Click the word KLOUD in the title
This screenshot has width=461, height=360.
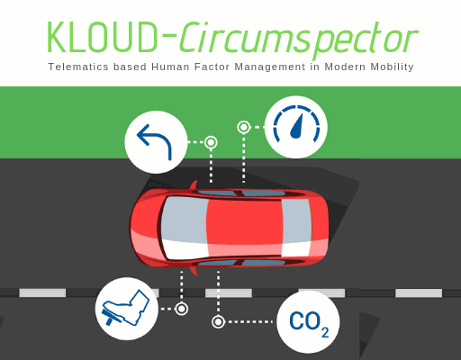point(103,37)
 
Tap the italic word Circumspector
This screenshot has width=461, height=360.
point(299,40)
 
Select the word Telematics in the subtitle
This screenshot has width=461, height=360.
point(78,67)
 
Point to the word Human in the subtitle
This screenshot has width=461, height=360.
point(170,67)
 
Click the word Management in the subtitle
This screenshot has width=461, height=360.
point(270,67)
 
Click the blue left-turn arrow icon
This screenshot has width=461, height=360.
point(155,141)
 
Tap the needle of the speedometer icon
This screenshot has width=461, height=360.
point(297,127)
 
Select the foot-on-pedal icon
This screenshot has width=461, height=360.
point(126,308)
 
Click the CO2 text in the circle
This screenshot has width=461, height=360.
point(309,323)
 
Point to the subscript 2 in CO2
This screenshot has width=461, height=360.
point(325,332)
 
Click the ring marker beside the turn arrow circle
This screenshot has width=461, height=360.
point(211,142)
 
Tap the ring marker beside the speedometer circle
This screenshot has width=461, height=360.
point(244,127)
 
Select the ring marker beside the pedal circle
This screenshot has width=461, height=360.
point(181,309)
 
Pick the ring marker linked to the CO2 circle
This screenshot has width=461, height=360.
point(218,322)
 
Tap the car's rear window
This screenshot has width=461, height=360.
point(296,228)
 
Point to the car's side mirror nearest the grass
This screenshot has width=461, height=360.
point(194,185)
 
